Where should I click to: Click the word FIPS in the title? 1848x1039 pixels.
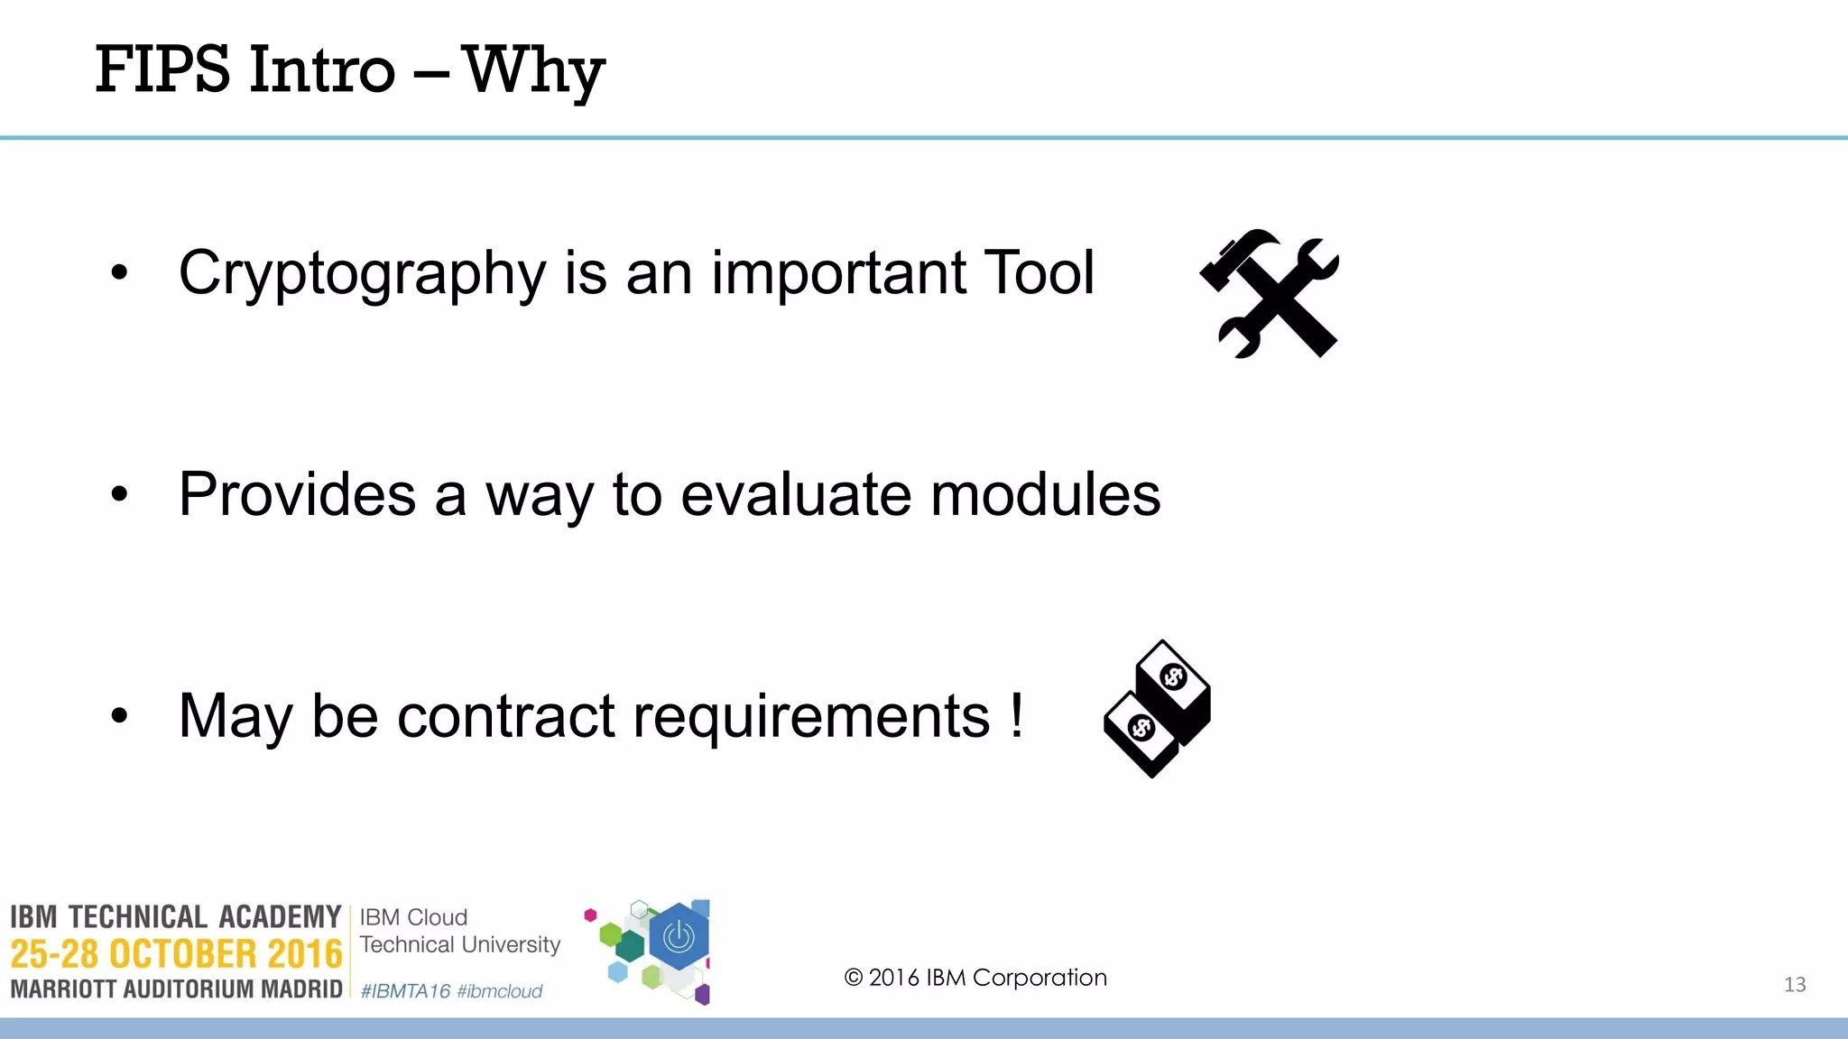point(162,70)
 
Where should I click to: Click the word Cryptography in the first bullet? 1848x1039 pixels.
point(362,274)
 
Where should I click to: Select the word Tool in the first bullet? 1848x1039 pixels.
point(1039,272)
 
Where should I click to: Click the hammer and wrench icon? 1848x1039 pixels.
point(1270,294)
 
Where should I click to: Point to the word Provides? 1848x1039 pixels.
point(297,494)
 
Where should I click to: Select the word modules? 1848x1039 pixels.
point(1045,494)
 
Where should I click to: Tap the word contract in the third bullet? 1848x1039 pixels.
point(505,716)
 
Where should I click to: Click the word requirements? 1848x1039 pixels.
point(811,716)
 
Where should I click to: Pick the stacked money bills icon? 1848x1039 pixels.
point(1158,709)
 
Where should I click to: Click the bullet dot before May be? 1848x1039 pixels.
point(119,716)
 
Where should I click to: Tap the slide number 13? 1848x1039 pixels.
point(1794,985)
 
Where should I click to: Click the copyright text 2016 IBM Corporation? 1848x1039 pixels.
point(975,978)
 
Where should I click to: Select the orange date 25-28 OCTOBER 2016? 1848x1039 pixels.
point(176,954)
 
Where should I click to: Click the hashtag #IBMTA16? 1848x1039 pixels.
point(404,991)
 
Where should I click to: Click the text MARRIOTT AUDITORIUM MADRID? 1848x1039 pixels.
point(176,989)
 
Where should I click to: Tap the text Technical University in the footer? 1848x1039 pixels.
point(460,945)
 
